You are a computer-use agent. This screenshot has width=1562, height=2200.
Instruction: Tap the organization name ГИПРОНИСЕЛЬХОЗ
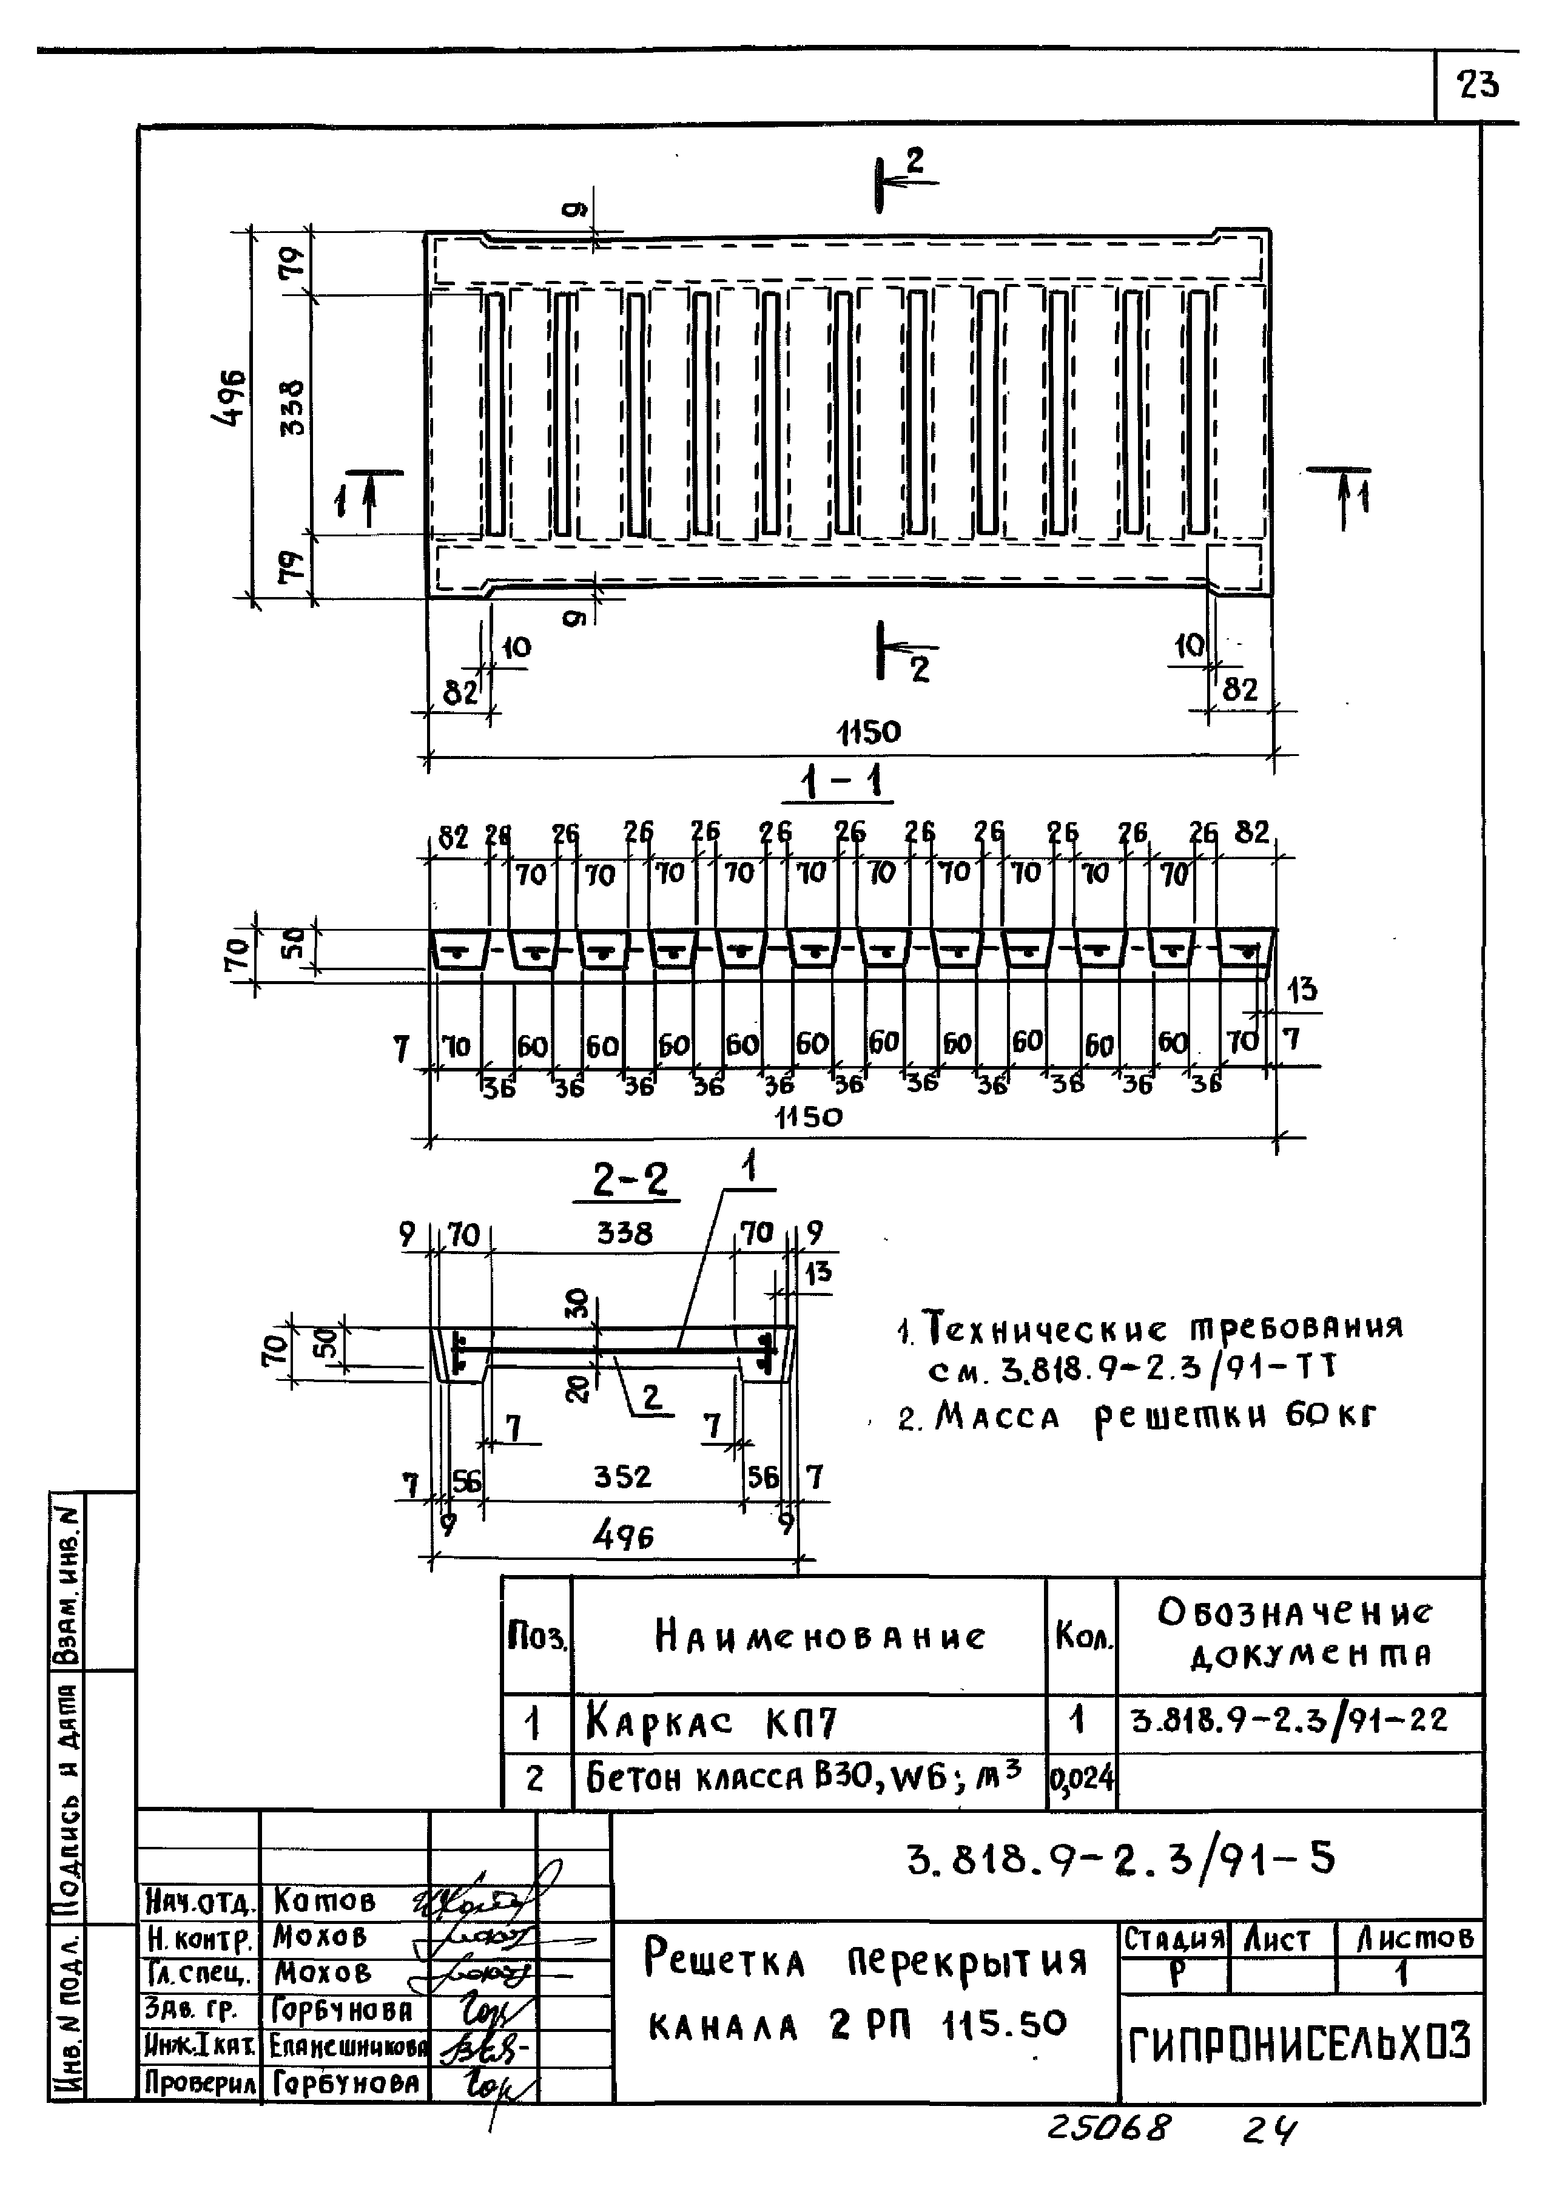click(x=1299, y=2043)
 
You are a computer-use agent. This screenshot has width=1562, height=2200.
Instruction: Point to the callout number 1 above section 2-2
click(x=749, y=1168)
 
